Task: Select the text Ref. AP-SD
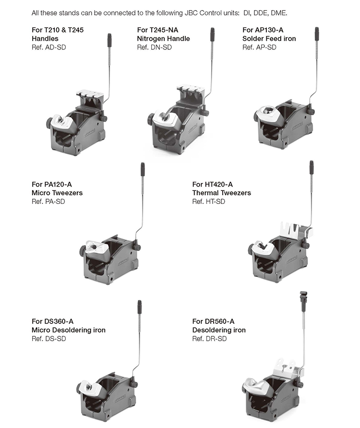coord(259,47)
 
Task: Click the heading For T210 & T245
coord(58,30)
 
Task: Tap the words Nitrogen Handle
coord(163,38)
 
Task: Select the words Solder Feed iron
coord(269,38)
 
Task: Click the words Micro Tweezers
coord(57,193)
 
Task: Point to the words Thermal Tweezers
coord(221,193)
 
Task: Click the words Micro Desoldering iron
coord(69,330)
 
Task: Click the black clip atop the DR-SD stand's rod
coord(303,297)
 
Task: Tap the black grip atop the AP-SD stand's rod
coord(317,34)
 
